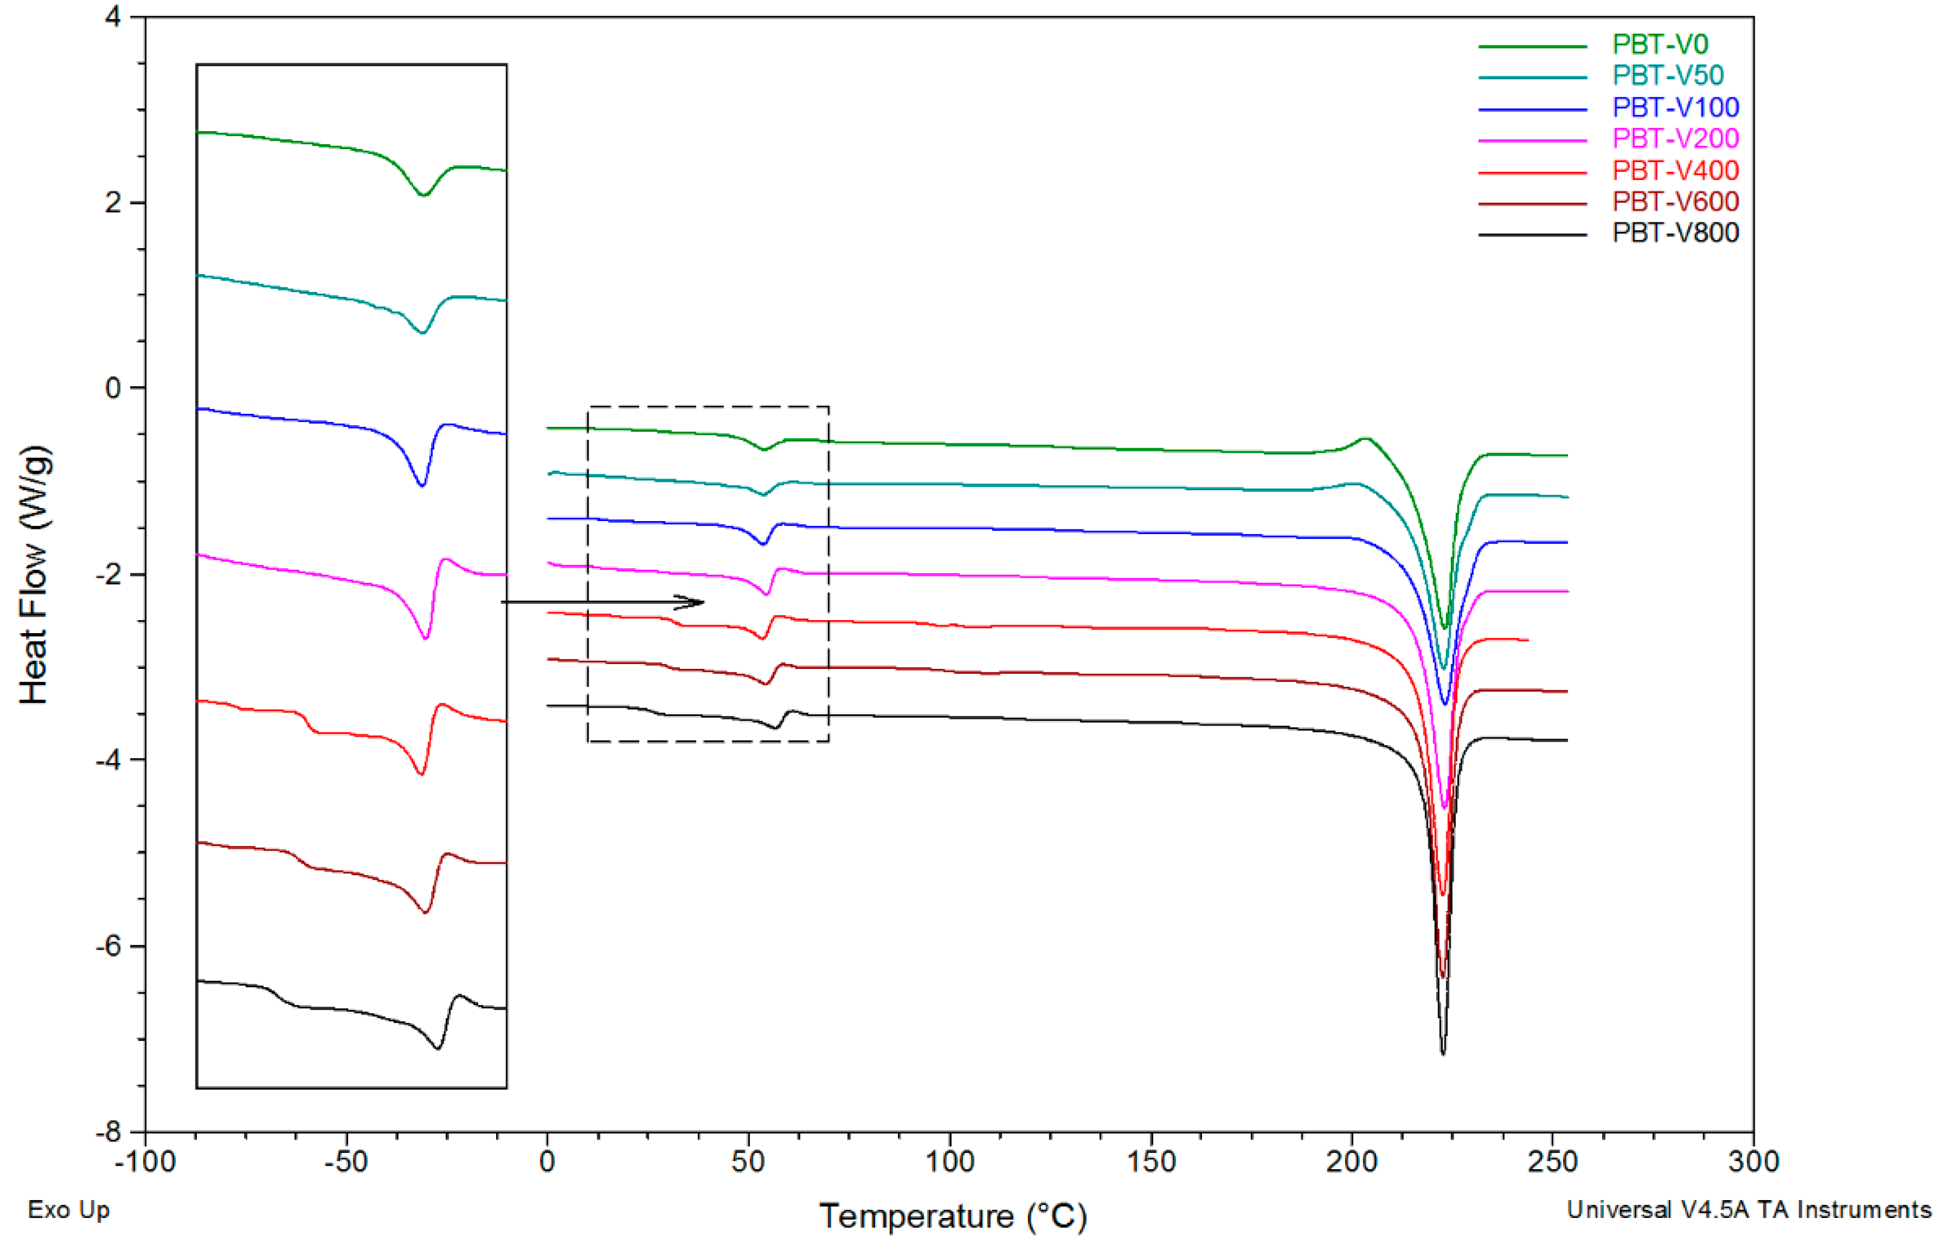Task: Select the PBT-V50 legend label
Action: (1668, 75)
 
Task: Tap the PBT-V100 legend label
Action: (1675, 107)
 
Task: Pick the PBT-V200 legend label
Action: (1675, 139)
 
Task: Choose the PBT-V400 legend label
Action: (1675, 171)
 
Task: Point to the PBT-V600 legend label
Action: (1675, 202)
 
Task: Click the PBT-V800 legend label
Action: (1675, 234)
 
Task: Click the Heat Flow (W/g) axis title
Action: (34, 574)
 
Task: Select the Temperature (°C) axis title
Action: (953, 1216)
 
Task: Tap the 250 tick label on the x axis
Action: (1553, 1162)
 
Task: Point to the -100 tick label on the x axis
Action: (145, 1162)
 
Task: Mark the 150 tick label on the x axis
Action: (1150, 1162)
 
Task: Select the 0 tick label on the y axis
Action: (113, 388)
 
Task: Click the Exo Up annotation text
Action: (69, 1210)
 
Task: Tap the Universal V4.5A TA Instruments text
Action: (1749, 1210)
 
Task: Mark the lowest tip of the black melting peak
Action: (1443, 1053)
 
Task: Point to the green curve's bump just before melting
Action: (1366, 439)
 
